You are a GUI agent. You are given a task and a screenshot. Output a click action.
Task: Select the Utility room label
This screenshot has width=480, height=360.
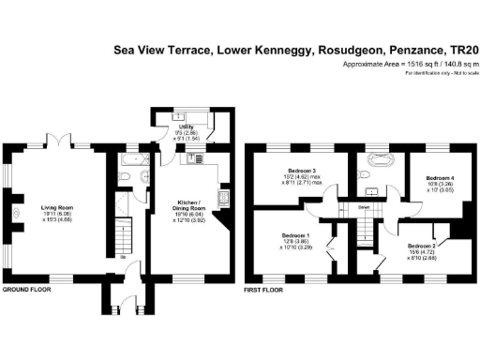(x=187, y=129)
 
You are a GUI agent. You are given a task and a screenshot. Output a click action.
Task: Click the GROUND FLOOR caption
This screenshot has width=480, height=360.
(x=26, y=291)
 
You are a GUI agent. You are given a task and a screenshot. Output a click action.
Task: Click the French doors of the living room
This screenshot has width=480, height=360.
(x=58, y=143)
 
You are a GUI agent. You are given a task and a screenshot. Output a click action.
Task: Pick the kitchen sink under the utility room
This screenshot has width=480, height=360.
(x=192, y=158)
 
